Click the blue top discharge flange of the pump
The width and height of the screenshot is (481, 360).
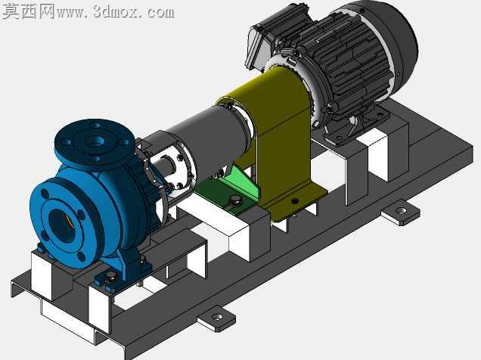pyautogui.click(x=95, y=144)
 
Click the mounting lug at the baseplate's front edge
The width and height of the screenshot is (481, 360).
pyautogui.click(x=216, y=319)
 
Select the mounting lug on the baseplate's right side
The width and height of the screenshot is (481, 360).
pyautogui.click(x=400, y=213)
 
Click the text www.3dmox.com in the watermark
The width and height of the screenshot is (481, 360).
pyautogui.click(x=116, y=11)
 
